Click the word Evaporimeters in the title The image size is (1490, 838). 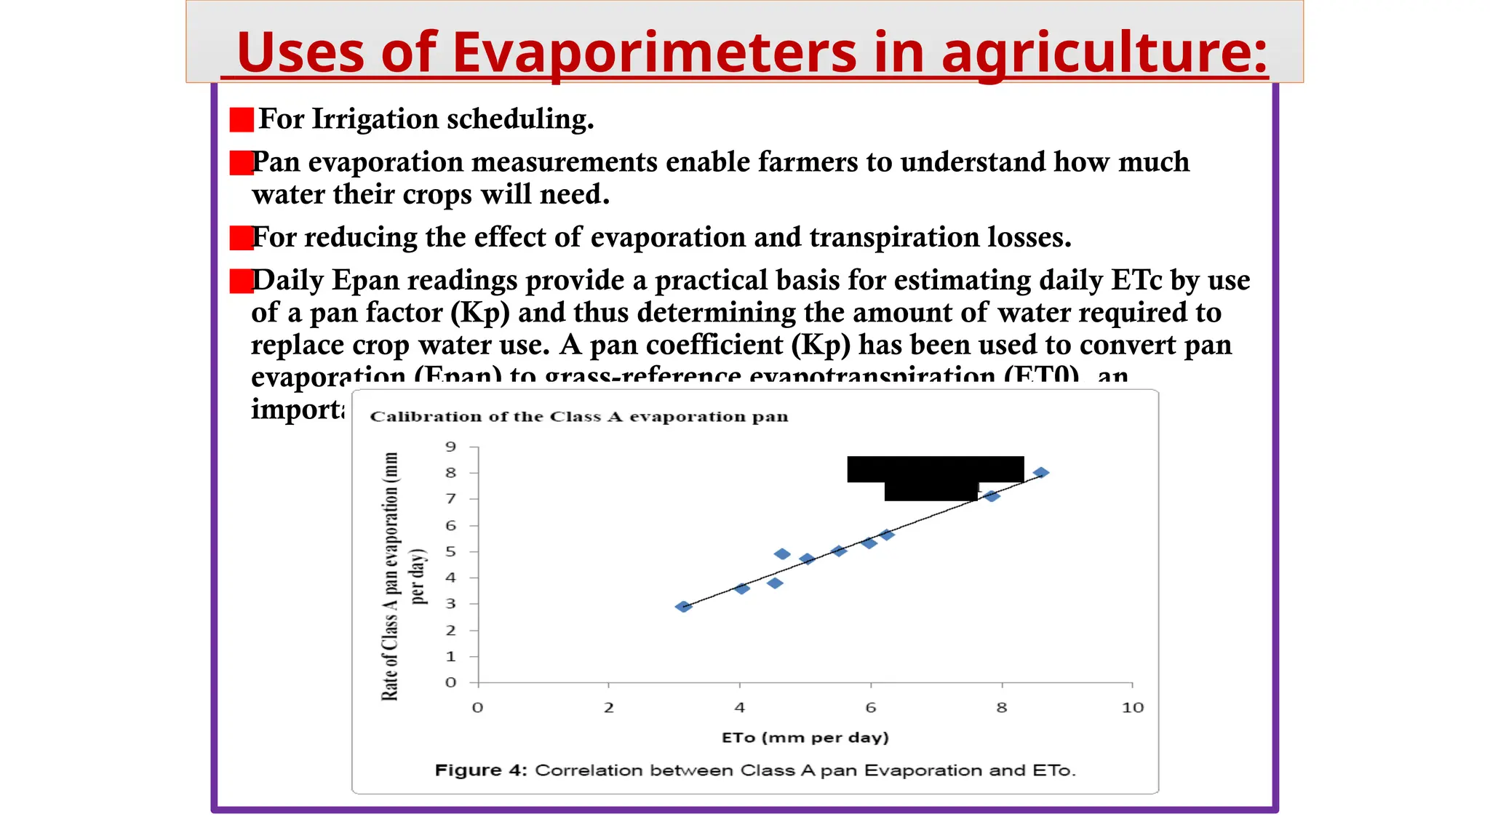coord(654,52)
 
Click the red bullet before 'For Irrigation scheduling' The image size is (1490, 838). coord(241,120)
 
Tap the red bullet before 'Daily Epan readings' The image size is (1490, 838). coord(241,281)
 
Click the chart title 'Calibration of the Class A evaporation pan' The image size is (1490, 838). coord(578,417)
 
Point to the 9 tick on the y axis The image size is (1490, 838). coord(451,447)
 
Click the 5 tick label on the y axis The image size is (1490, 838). coord(451,551)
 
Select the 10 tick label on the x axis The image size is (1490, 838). coord(1132,708)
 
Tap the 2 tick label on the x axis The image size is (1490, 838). coord(608,708)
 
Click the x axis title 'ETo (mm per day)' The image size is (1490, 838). coord(805,738)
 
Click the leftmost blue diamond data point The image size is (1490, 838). coord(682,607)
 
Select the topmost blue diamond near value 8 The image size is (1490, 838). coord(1041,473)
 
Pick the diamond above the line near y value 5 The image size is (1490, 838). coord(781,554)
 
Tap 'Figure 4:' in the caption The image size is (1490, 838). coord(480,770)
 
